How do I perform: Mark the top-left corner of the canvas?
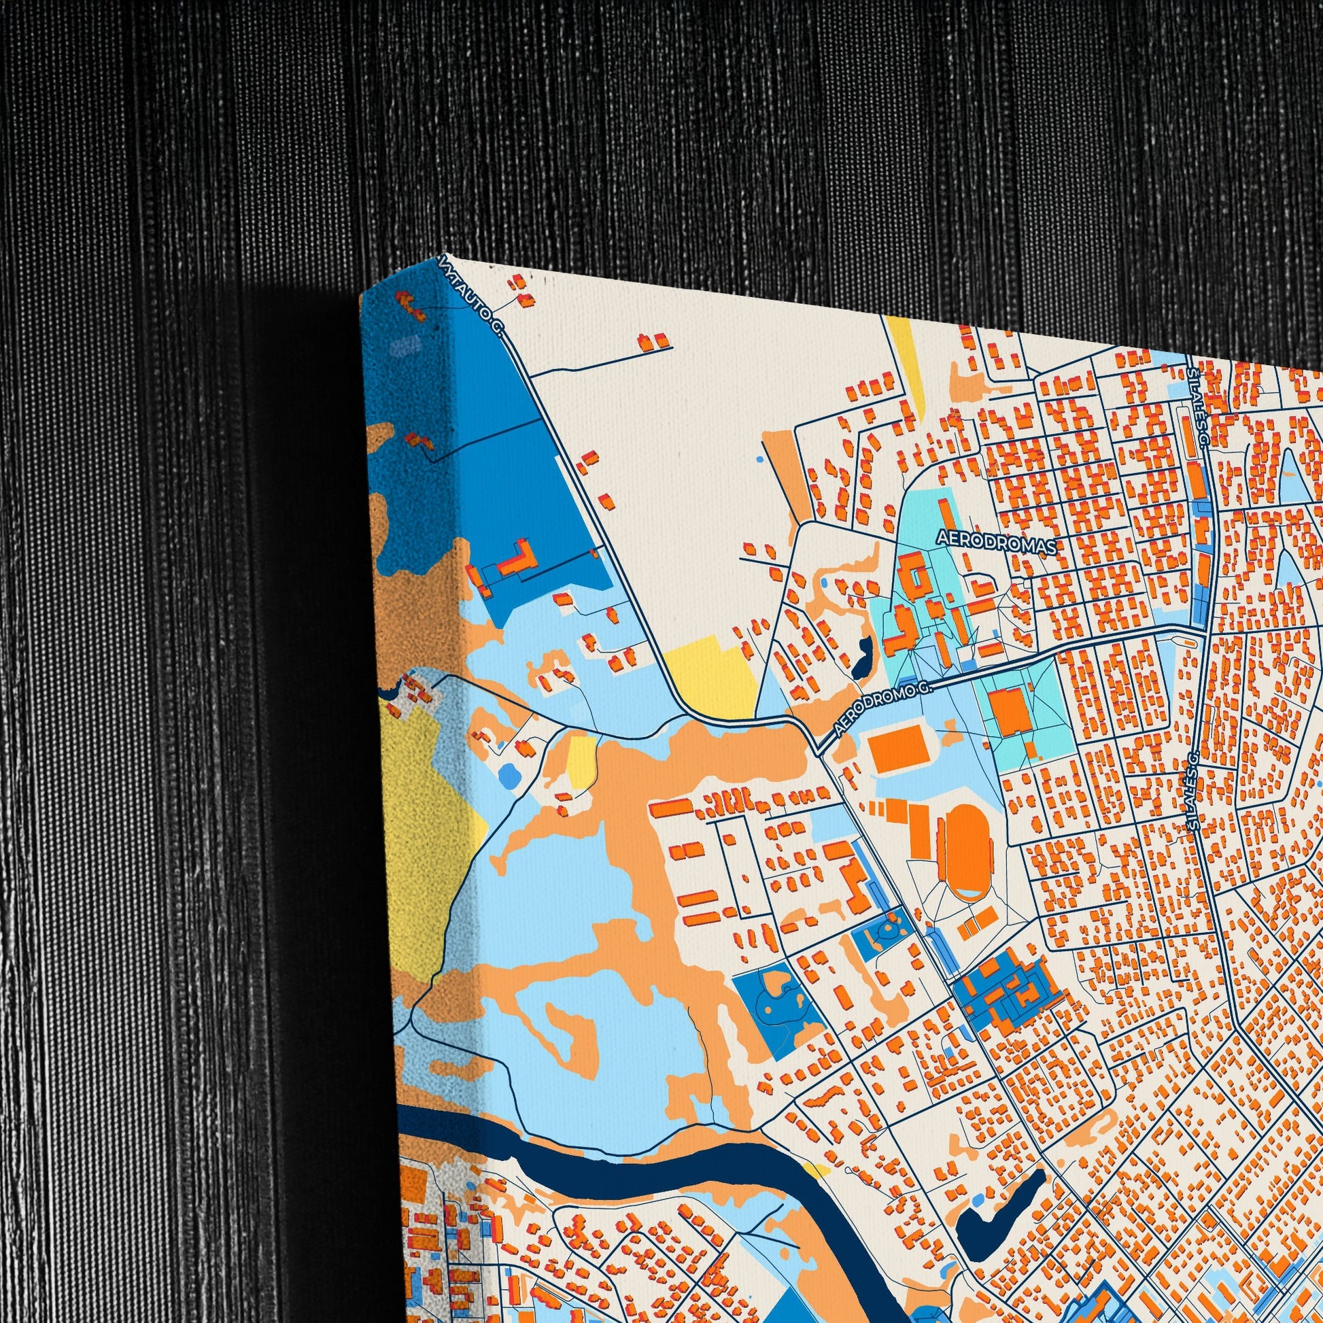361,299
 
